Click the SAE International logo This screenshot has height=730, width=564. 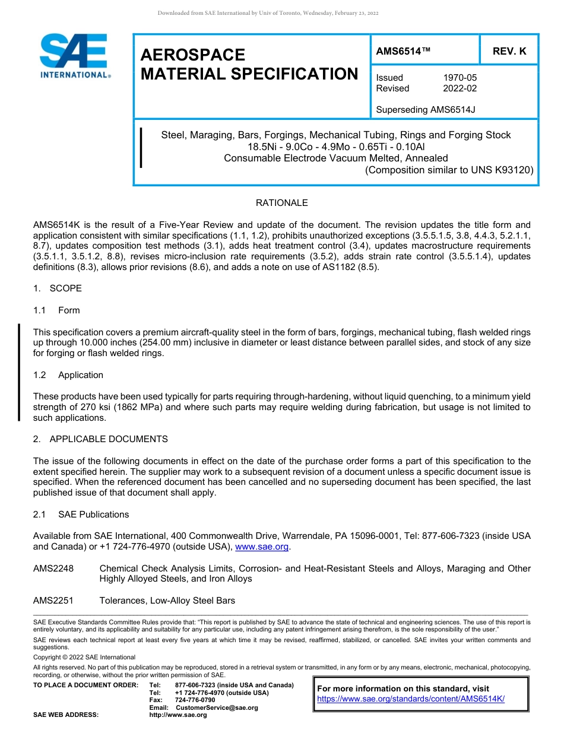click(74, 56)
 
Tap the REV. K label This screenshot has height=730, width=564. click(509, 52)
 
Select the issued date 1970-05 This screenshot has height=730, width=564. click(460, 78)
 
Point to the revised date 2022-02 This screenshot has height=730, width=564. click(460, 88)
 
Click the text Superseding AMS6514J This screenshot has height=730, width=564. click(425, 110)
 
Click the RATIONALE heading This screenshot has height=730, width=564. click(281, 203)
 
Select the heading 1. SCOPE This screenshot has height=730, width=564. click(58, 288)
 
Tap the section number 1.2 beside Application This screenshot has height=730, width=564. click(40, 375)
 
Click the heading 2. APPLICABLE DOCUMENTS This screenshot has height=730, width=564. click(100, 439)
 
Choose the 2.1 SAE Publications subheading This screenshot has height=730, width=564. click(81, 515)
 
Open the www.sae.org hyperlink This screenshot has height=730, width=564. click(262, 547)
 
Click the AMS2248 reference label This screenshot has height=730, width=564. click(53, 569)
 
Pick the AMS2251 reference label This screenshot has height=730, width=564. click(53, 601)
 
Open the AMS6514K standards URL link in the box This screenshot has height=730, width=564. click(411, 699)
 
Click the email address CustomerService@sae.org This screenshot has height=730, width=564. click(217, 707)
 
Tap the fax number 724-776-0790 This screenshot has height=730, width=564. click(195, 700)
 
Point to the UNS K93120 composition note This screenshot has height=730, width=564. click(449, 170)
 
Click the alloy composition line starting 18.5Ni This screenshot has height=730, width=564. click(335, 147)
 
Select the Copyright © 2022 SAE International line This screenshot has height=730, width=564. click(84, 657)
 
